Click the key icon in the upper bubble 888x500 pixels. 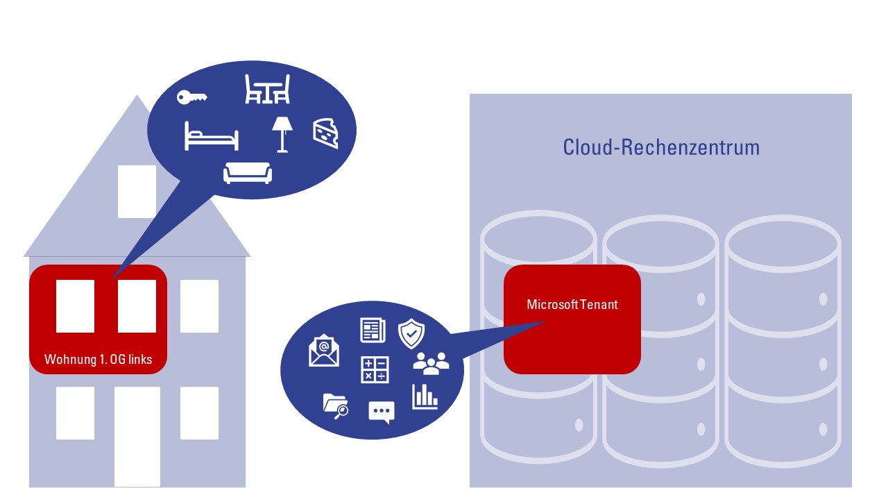point(191,97)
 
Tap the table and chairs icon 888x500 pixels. point(268,89)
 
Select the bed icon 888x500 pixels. point(212,136)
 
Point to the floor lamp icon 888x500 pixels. point(282,135)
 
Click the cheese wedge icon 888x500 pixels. point(325,133)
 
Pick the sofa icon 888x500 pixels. point(248,173)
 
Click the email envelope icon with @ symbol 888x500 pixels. point(324,350)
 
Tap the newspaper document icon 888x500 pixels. point(373,330)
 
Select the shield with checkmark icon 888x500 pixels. point(411,334)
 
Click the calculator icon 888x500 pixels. point(375,370)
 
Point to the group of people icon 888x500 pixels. point(431,363)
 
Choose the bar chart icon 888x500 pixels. point(425,397)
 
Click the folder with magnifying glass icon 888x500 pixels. point(336,406)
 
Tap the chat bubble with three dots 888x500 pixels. point(382,412)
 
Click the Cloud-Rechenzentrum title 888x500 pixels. point(661,147)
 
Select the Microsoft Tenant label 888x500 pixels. point(572,304)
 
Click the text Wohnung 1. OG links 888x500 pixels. point(99,359)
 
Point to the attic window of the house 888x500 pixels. point(137,192)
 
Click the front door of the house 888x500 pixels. point(137,437)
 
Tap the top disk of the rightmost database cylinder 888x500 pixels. point(783,243)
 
